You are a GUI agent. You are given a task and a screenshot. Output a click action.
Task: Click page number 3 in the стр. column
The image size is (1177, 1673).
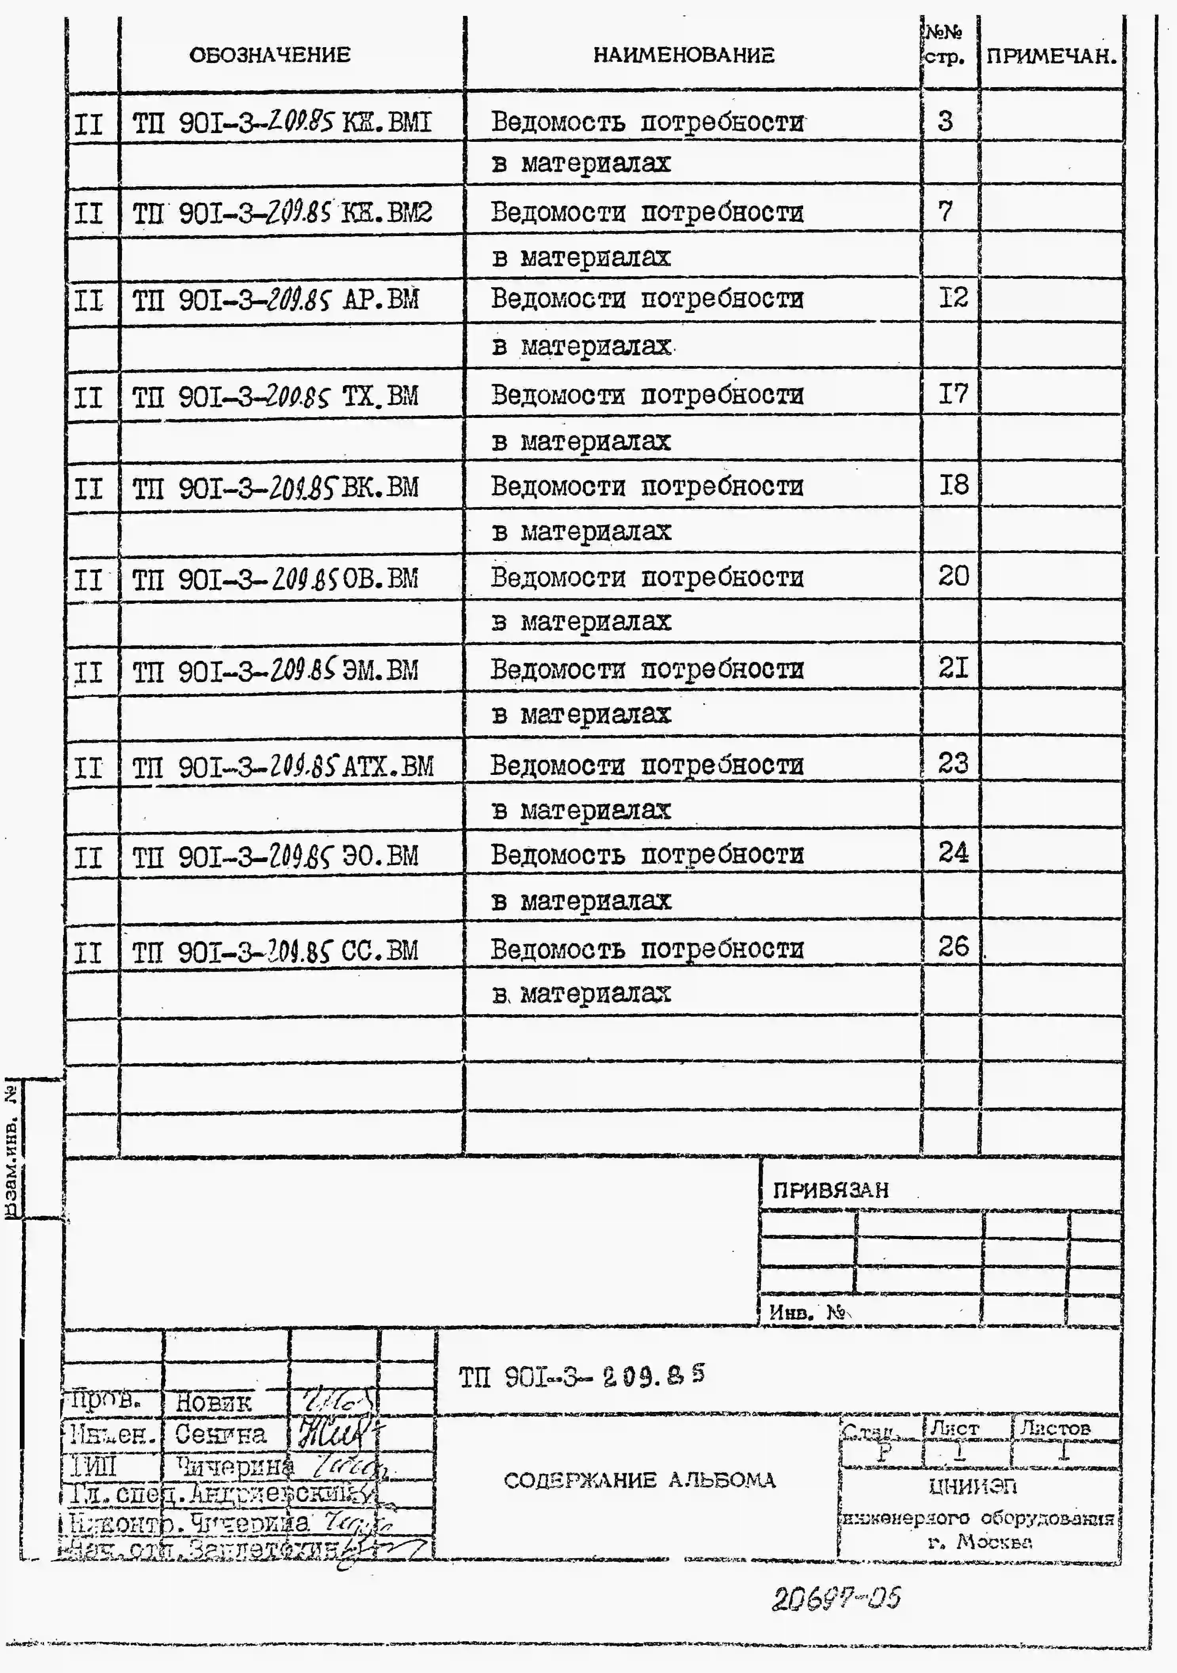pyautogui.click(x=945, y=121)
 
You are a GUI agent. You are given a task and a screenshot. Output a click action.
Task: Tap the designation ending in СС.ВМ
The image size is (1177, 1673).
pyautogui.click(x=275, y=951)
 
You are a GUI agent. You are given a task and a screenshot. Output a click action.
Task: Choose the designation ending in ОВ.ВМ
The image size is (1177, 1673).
pyautogui.click(x=275, y=579)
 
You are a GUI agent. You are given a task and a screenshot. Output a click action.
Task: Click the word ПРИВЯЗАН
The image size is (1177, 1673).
pyautogui.click(x=830, y=1190)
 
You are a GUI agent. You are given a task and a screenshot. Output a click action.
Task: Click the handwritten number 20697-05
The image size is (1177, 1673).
pyautogui.click(x=836, y=1599)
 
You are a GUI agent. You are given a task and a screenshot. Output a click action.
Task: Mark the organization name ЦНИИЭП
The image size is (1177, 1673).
pyautogui.click(x=973, y=1486)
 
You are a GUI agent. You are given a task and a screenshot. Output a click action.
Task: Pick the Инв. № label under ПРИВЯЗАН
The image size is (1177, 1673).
pyautogui.click(x=807, y=1312)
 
